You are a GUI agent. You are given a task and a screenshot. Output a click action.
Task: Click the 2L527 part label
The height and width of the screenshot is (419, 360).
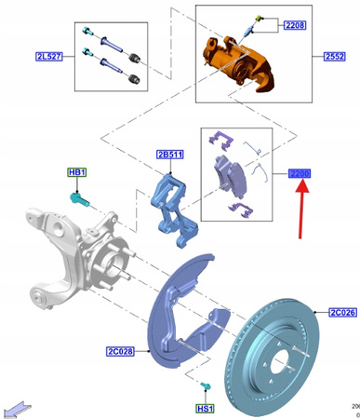pyautogui.click(x=47, y=57)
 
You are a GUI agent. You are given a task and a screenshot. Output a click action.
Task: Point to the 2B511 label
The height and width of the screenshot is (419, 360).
pyautogui.click(x=170, y=155)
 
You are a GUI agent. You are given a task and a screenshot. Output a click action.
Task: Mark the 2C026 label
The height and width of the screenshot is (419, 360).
pyautogui.click(x=341, y=313)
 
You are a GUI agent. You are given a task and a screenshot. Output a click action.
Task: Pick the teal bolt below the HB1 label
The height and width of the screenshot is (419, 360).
pyautogui.click(x=79, y=196)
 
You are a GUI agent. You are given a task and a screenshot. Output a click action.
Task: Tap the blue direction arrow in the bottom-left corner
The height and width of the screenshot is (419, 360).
pyautogui.click(x=17, y=407)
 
